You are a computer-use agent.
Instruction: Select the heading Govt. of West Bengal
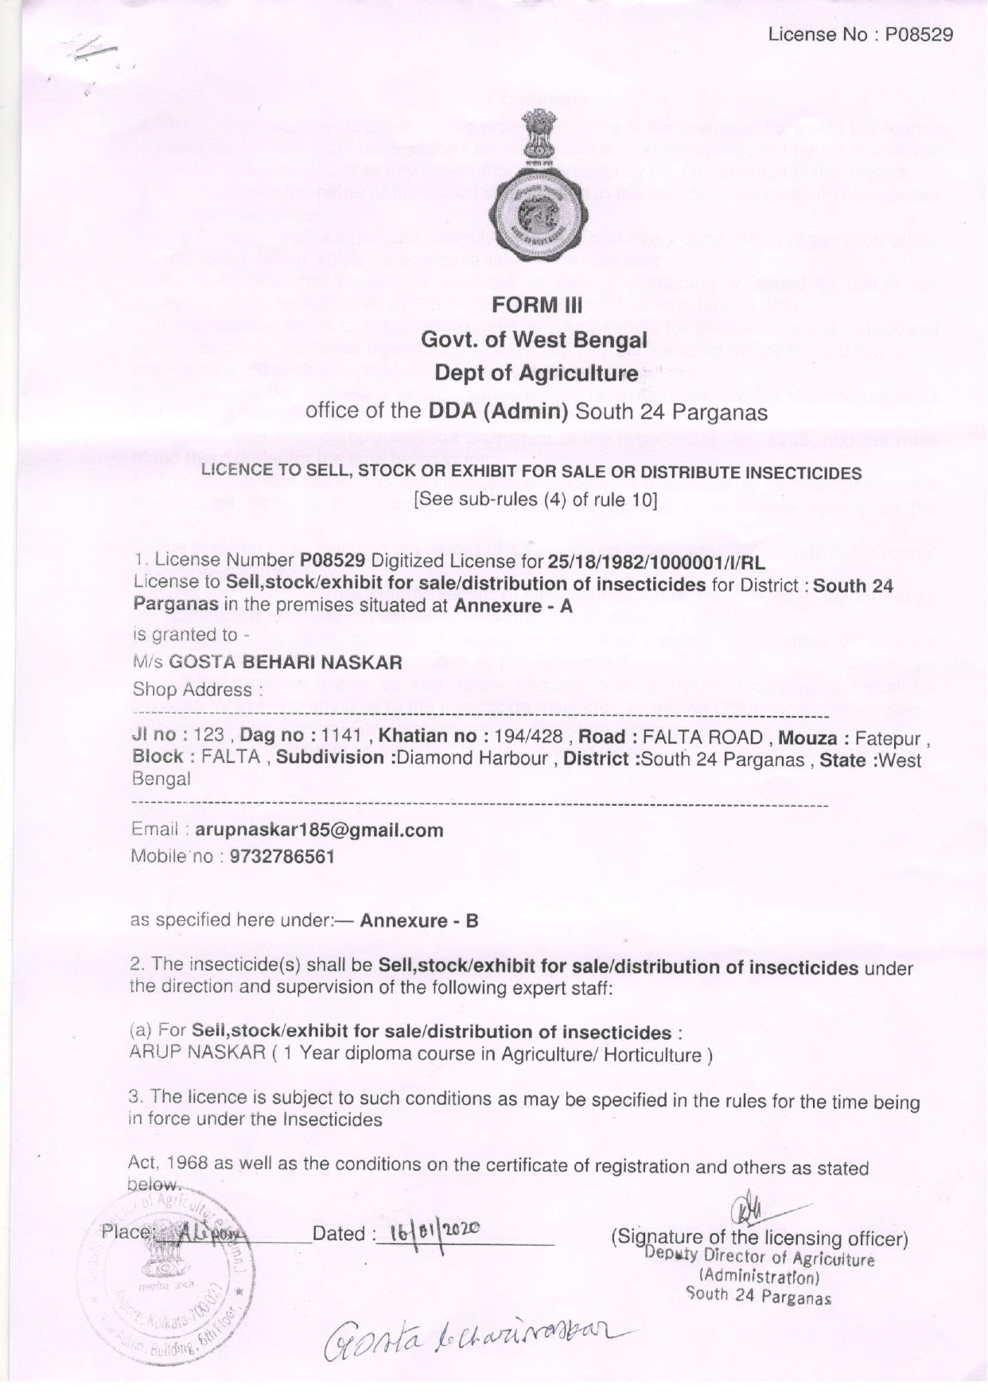coord(534,340)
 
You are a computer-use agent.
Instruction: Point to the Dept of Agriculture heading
coord(536,374)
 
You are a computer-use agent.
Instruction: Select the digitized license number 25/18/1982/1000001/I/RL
coord(656,563)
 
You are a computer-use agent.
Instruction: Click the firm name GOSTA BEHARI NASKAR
coord(286,662)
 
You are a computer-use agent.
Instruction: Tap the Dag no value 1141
coord(342,737)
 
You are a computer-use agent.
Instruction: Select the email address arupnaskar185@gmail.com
coord(319,830)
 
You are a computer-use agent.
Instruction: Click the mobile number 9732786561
coord(282,857)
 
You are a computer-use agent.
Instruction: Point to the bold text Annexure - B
coord(419,921)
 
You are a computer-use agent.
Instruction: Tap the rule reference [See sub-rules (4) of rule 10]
coord(535,500)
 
